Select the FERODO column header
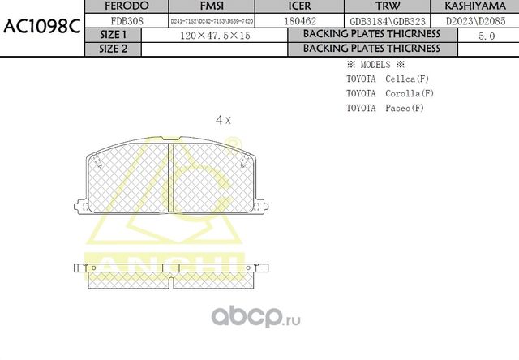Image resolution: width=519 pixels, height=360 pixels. point(127,6)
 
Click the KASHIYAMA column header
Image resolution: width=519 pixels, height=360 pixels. point(476,6)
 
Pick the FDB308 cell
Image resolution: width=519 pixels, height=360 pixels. point(127,20)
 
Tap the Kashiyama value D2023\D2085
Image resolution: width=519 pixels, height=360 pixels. point(476,20)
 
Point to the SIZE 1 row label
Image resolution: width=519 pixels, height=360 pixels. point(113,35)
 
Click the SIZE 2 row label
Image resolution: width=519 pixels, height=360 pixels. point(113,49)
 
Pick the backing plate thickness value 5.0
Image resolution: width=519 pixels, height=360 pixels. point(487,36)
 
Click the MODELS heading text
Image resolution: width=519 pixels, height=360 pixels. point(375,64)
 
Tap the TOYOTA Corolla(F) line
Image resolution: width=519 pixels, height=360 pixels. point(389,93)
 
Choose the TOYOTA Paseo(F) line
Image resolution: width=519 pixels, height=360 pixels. point(384,108)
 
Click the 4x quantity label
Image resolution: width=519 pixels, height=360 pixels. point(223,120)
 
